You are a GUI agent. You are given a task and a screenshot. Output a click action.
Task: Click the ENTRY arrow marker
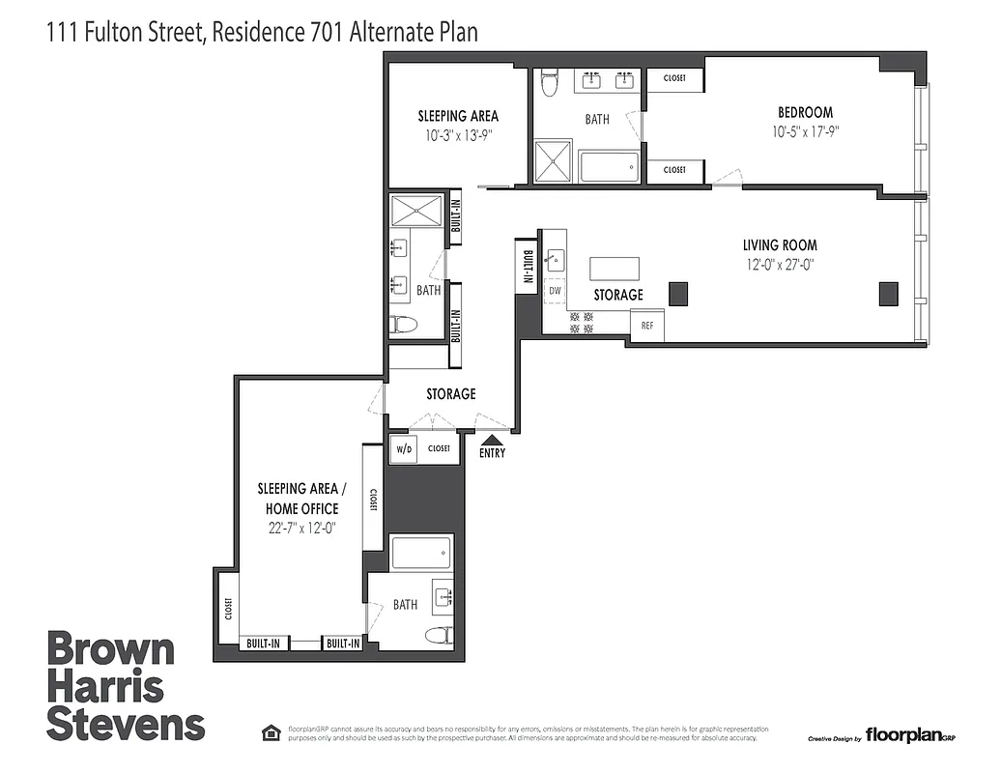(x=492, y=440)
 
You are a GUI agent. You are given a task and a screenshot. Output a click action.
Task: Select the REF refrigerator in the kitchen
(x=647, y=326)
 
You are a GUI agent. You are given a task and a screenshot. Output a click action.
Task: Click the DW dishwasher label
(x=555, y=290)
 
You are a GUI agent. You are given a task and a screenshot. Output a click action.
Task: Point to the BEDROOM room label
(x=805, y=113)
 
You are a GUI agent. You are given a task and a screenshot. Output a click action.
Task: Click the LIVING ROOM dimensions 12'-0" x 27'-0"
(x=780, y=263)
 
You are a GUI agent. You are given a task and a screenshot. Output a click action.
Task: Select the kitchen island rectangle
(x=615, y=268)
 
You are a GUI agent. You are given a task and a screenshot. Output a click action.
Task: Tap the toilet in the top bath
(x=550, y=85)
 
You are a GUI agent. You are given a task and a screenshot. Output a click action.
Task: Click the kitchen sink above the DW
(x=557, y=259)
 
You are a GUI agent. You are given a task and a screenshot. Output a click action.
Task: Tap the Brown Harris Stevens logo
(x=126, y=687)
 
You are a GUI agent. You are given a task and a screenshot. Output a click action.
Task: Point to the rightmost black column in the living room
(x=887, y=293)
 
